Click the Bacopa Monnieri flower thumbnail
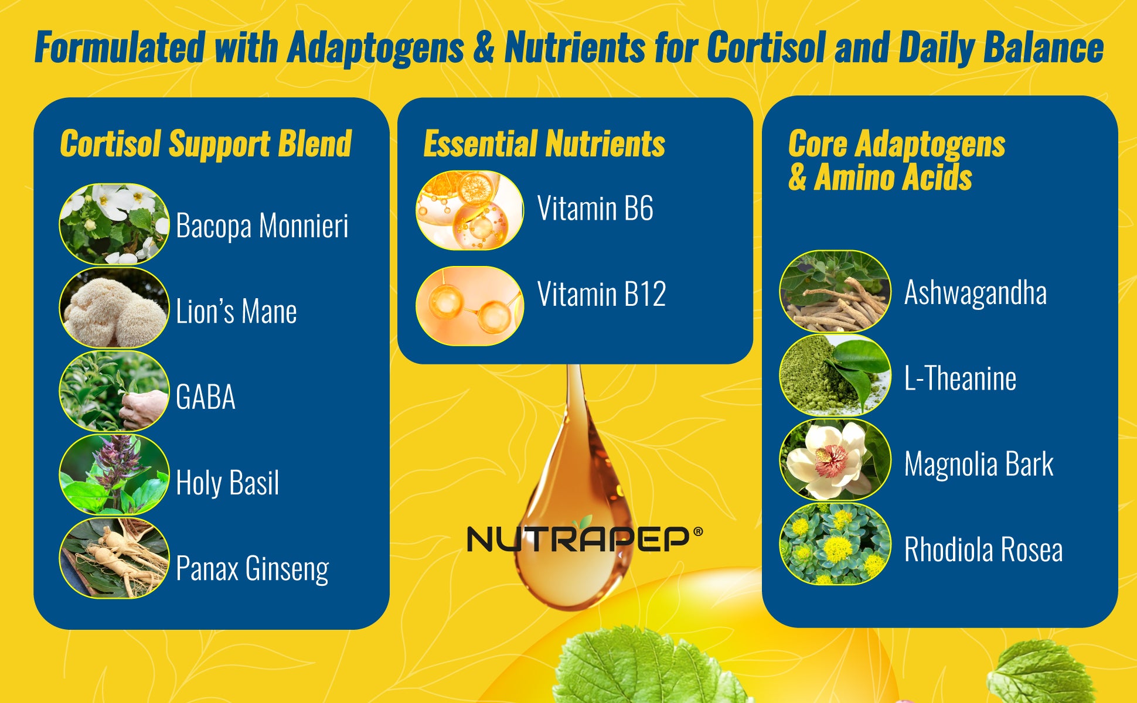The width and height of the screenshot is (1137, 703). point(114,224)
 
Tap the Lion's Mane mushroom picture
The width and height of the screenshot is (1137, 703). point(114,308)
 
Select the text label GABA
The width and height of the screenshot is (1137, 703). point(206,397)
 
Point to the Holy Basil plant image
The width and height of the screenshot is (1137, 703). point(114,475)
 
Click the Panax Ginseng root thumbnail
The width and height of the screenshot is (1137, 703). point(114,558)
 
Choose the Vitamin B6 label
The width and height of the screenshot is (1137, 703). point(595,209)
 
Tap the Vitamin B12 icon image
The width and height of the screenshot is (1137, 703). point(469,306)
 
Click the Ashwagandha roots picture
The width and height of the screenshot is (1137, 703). point(835,291)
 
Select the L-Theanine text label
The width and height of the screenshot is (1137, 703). point(960,378)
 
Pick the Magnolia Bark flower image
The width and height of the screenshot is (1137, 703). point(835,459)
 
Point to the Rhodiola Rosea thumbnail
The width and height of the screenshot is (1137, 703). point(835,544)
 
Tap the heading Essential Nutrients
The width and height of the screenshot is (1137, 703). point(544,144)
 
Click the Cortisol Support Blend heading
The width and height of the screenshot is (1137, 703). point(206,144)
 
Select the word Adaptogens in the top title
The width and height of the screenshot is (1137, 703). point(376,48)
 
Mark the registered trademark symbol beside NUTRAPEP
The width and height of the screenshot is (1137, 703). point(697,532)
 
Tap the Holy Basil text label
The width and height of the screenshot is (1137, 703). point(227,483)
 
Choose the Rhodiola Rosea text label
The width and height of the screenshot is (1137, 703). point(983,550)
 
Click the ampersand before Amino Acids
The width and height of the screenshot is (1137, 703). point(797,178)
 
